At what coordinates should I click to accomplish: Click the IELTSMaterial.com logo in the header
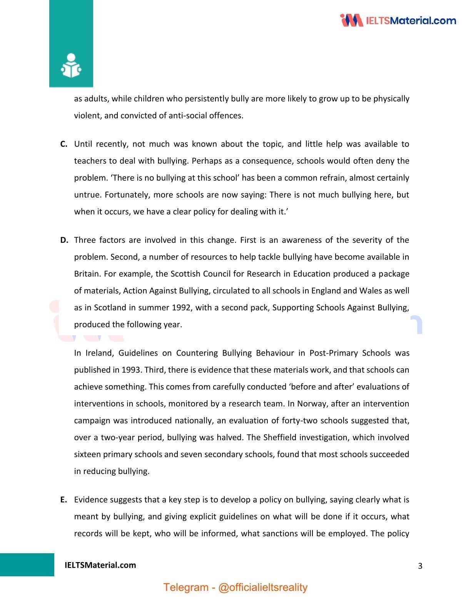click(x=398, y=20)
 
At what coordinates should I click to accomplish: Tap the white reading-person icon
click(x=71, y=66)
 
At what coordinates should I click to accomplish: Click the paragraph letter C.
click(x=64, y=144)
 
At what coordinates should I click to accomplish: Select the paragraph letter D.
click(x=64, y=240)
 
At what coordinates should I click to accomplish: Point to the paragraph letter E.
click(x=63, y=500)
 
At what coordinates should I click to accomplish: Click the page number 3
click(x=420, y=566)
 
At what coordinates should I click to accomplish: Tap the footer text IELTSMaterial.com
click(x=100, y=565)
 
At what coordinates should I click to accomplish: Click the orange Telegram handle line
click(x=235, y=587)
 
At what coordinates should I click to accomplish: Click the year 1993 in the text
click(x=131, y=370)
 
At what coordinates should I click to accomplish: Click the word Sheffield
click(x=280, y=438)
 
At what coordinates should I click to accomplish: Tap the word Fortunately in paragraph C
click(x=126, y=195)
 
